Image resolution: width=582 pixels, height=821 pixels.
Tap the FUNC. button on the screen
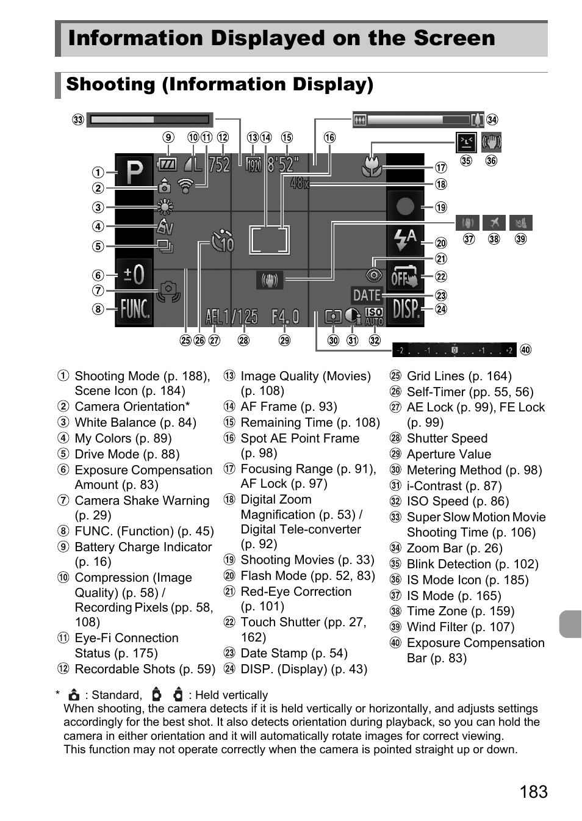[134, 309]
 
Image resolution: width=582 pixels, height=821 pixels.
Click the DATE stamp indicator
[367, 295]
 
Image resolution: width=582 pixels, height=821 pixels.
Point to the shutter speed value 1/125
[240, 316]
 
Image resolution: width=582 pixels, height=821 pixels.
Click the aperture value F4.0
[286, 316]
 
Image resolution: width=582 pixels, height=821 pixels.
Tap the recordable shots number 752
[219, 164]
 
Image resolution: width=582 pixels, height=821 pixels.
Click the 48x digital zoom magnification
[300, 183]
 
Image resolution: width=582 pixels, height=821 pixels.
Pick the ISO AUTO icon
[373, 316]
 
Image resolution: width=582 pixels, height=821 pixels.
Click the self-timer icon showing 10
[223, 241]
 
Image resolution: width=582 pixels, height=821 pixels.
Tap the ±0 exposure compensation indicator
[134, 274]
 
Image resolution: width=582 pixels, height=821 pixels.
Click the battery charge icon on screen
[167, 164]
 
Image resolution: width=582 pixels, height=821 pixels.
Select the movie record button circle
[405, 206]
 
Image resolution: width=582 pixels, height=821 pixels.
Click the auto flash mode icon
[405, 240]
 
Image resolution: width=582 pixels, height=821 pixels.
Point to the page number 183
[534, 792]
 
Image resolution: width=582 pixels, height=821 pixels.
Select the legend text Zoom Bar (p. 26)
[454, 548]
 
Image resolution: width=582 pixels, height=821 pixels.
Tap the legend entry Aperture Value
[448, 454]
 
